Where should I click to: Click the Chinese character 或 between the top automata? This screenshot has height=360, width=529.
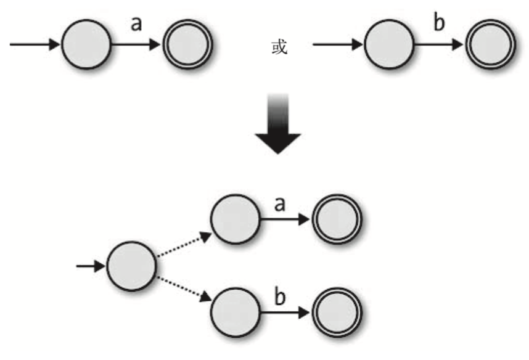coord(279,47)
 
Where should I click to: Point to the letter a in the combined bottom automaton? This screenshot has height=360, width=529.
coord(279,204)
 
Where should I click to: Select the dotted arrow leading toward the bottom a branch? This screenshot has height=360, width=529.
coord(183,243)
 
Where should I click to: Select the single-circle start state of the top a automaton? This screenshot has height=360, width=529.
coord(86,44)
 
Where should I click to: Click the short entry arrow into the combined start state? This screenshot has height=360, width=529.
coord(91,266)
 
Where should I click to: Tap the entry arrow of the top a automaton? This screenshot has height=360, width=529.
coord(35,44)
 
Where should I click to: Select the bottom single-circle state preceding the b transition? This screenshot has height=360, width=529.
coord(235,313)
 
